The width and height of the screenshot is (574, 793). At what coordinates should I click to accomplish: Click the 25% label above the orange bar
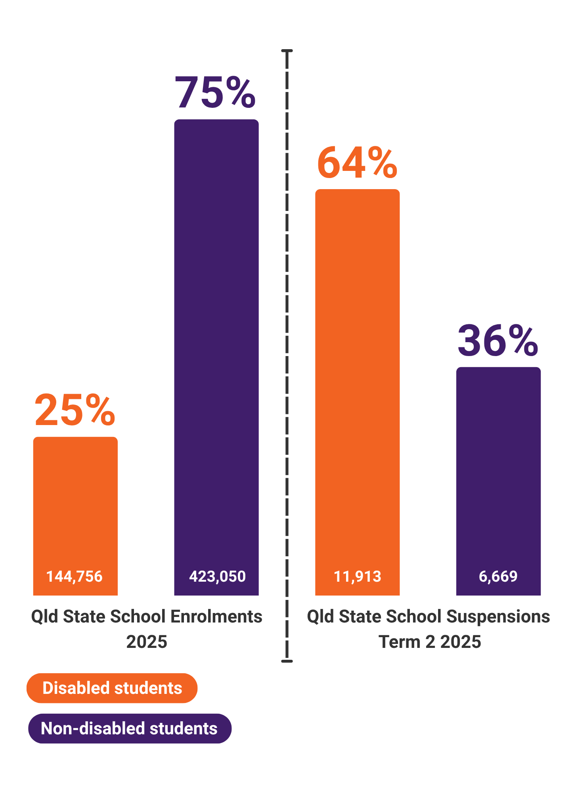(x=75, y=410)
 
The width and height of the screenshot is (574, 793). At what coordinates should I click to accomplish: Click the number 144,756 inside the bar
(x=75, y=576)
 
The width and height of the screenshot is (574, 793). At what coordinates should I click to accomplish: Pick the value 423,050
(x=217, y=576)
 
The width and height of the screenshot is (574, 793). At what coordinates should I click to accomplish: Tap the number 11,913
(x=357, y=576)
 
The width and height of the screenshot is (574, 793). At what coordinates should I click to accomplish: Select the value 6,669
(x=498, y=576)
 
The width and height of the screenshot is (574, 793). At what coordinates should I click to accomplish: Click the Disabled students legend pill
(x=112, y=688)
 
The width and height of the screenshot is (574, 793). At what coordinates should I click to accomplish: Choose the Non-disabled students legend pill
(x=130, y=728)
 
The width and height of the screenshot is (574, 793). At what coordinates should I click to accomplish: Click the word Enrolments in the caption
(x=216, y=617)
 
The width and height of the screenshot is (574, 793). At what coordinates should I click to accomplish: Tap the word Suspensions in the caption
(x=498, y=617)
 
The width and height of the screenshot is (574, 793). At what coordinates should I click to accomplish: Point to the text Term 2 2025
(x=430, y=642)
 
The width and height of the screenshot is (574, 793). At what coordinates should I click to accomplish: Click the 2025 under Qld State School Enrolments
(x=147, y=642)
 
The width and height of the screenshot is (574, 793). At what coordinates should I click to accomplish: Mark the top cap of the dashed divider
(x=287, y=51)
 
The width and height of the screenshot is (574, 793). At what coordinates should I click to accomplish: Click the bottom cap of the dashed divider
(x=287, y=661)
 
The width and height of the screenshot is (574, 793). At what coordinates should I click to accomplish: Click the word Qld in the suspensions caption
(x=319, y=617)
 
